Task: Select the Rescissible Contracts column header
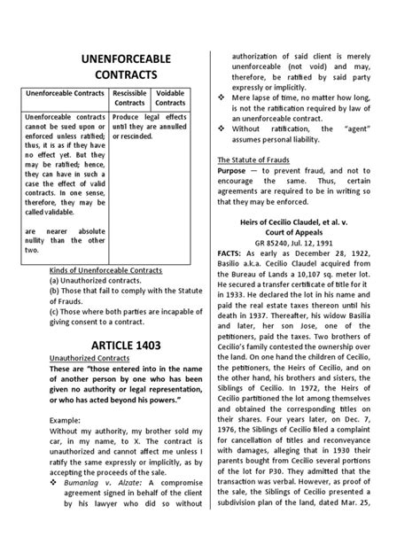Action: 128,97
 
